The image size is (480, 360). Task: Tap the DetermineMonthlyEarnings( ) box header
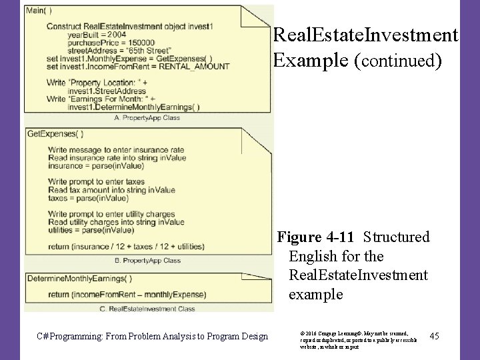pos(79,279)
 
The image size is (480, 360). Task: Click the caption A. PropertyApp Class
pos(147,118)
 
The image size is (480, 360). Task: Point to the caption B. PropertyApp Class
pos(147,261)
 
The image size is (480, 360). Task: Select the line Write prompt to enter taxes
pos(97,182)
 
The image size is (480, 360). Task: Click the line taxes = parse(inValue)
pos(89,198)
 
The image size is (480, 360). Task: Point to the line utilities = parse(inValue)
pos(91,230)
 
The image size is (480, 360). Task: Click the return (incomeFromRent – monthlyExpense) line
pos(127,295)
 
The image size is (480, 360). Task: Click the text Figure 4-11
pos(317,237)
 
